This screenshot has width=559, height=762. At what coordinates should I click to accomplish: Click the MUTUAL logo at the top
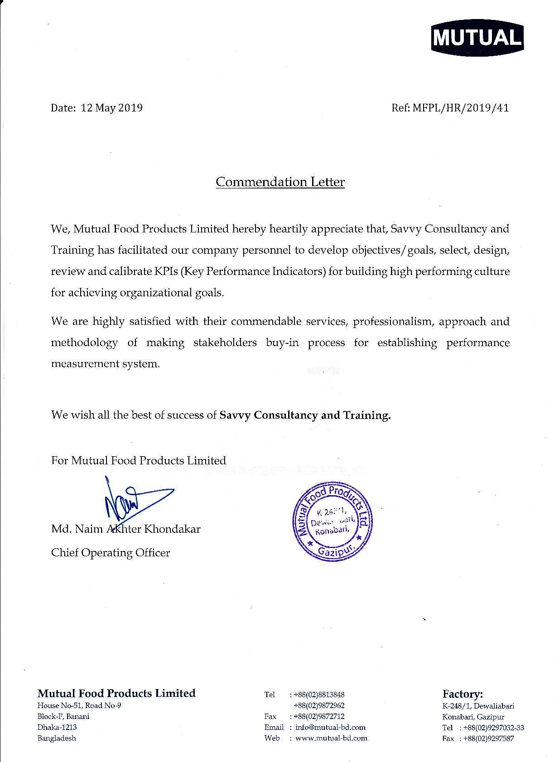click(x=477, y=38)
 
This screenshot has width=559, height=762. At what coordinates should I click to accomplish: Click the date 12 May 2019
click(x=111, y=108)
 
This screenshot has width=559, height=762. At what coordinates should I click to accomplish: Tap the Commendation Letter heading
click(x=280, y=182)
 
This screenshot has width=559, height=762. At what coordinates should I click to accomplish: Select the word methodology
click(x=84, y=343)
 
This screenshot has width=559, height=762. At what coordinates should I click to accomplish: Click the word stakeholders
click(x=225, y=343)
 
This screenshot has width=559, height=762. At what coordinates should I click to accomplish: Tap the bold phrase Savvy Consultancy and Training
click(x=304, y=415)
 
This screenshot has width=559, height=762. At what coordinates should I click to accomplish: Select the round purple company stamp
click(x=333, y=521)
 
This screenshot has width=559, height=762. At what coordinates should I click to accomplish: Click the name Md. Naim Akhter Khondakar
click(x=125, y=529)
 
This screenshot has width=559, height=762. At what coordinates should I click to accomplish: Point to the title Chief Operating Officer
click(x=111, y=553)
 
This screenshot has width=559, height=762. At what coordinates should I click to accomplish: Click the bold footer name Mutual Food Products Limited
click(x=116, y=693)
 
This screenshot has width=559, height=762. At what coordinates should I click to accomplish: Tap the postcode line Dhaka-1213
click(x=57, y=727)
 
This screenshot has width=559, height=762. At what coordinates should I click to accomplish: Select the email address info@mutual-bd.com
click(x=330, y=727)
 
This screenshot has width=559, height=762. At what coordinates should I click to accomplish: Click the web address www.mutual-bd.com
click(x=331, y=738)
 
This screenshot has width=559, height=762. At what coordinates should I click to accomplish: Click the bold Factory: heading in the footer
click(x=463, y=694)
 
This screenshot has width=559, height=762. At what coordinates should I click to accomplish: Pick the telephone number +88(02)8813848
click(x=319, y=694)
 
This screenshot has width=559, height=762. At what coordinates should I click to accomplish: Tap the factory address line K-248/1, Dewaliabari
click(x=478, y=706)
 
